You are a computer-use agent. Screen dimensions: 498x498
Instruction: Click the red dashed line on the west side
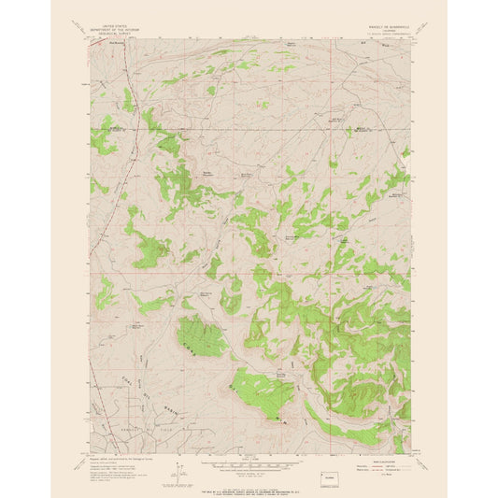click(x=129, y=187)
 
